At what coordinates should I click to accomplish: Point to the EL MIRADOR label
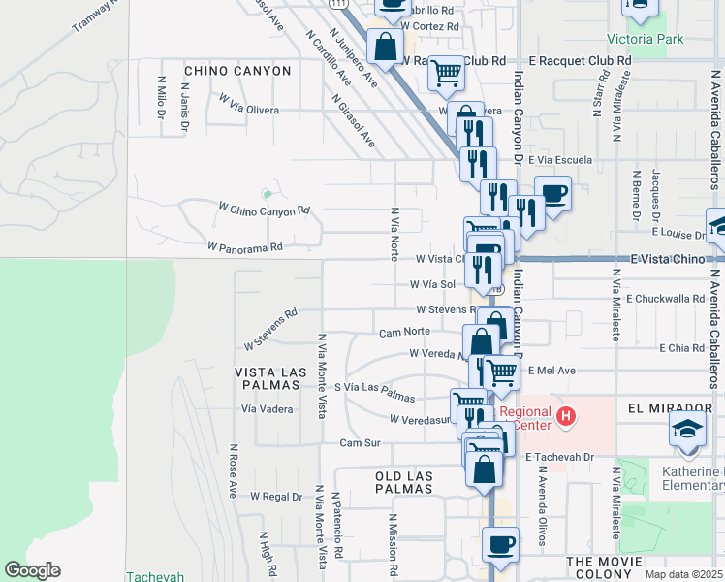pyautogui.click(x=670, y=407)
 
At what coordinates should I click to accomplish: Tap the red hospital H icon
pyautogui.click(x=567, y=418)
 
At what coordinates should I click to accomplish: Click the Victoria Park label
pyautogui.click(x=645, y=40)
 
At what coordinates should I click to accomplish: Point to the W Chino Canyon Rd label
pyautogui.click(x=264, y=209)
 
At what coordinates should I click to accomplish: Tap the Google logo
pyautogui.click(x=32, y=570)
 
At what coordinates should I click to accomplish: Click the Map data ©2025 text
pyautogui.click(x=683, y=574)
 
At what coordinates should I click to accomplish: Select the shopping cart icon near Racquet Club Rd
pyautogui.click(x=446, y=72)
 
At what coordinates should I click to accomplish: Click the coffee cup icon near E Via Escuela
pyautogui.click(x=552, y=193)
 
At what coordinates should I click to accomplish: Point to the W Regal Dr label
pyautogui.click(x=276, y=497)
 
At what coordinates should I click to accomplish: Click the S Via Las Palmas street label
pyautogui.click(x=374, y=393)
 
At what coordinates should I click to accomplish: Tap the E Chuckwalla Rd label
pyautogui.click(x=665, y=300)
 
